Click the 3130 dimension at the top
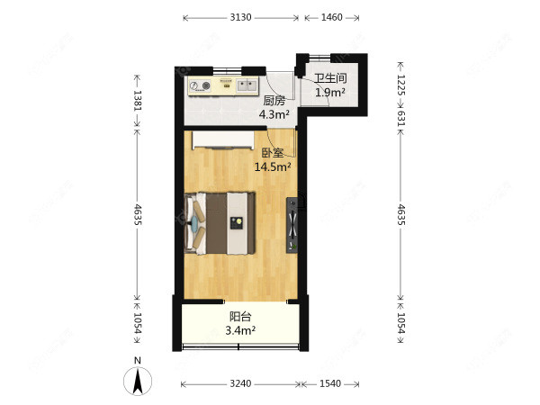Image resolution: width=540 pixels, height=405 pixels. (x=240, y=17)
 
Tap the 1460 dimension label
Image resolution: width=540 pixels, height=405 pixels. (x=331, y=17)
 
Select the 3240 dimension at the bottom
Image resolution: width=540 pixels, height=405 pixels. (x=240, y=383)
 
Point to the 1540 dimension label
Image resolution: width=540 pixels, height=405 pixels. (x=330, y=383)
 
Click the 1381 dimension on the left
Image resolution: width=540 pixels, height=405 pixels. (x=138, y=100)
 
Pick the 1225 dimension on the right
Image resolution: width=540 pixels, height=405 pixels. (x=401, y=85)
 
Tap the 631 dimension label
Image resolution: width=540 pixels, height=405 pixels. (x=401, y=118)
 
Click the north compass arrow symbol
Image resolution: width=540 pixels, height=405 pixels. (x=138, y=382)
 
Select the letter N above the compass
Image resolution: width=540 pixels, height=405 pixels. (x=138, y=361)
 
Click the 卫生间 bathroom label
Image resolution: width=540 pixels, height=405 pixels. (x=330, y=78)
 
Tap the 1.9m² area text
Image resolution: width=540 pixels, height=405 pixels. (x=330, y=93)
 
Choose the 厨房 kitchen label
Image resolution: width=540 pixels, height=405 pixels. (x=274, y=101)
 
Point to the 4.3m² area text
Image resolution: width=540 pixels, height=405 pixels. (x=274, y=114)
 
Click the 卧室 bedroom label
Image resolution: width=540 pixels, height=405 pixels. (x=273, y=153)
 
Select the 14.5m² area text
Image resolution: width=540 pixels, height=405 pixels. (x=273, y=167)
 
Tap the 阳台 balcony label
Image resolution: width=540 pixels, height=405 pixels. (x=240, y=317)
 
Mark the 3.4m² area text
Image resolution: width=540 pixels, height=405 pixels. (x=240, y=330)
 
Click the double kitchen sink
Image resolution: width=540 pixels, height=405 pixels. (x=247, y=85)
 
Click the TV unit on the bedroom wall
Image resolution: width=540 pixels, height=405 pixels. (x=292, y=226)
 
